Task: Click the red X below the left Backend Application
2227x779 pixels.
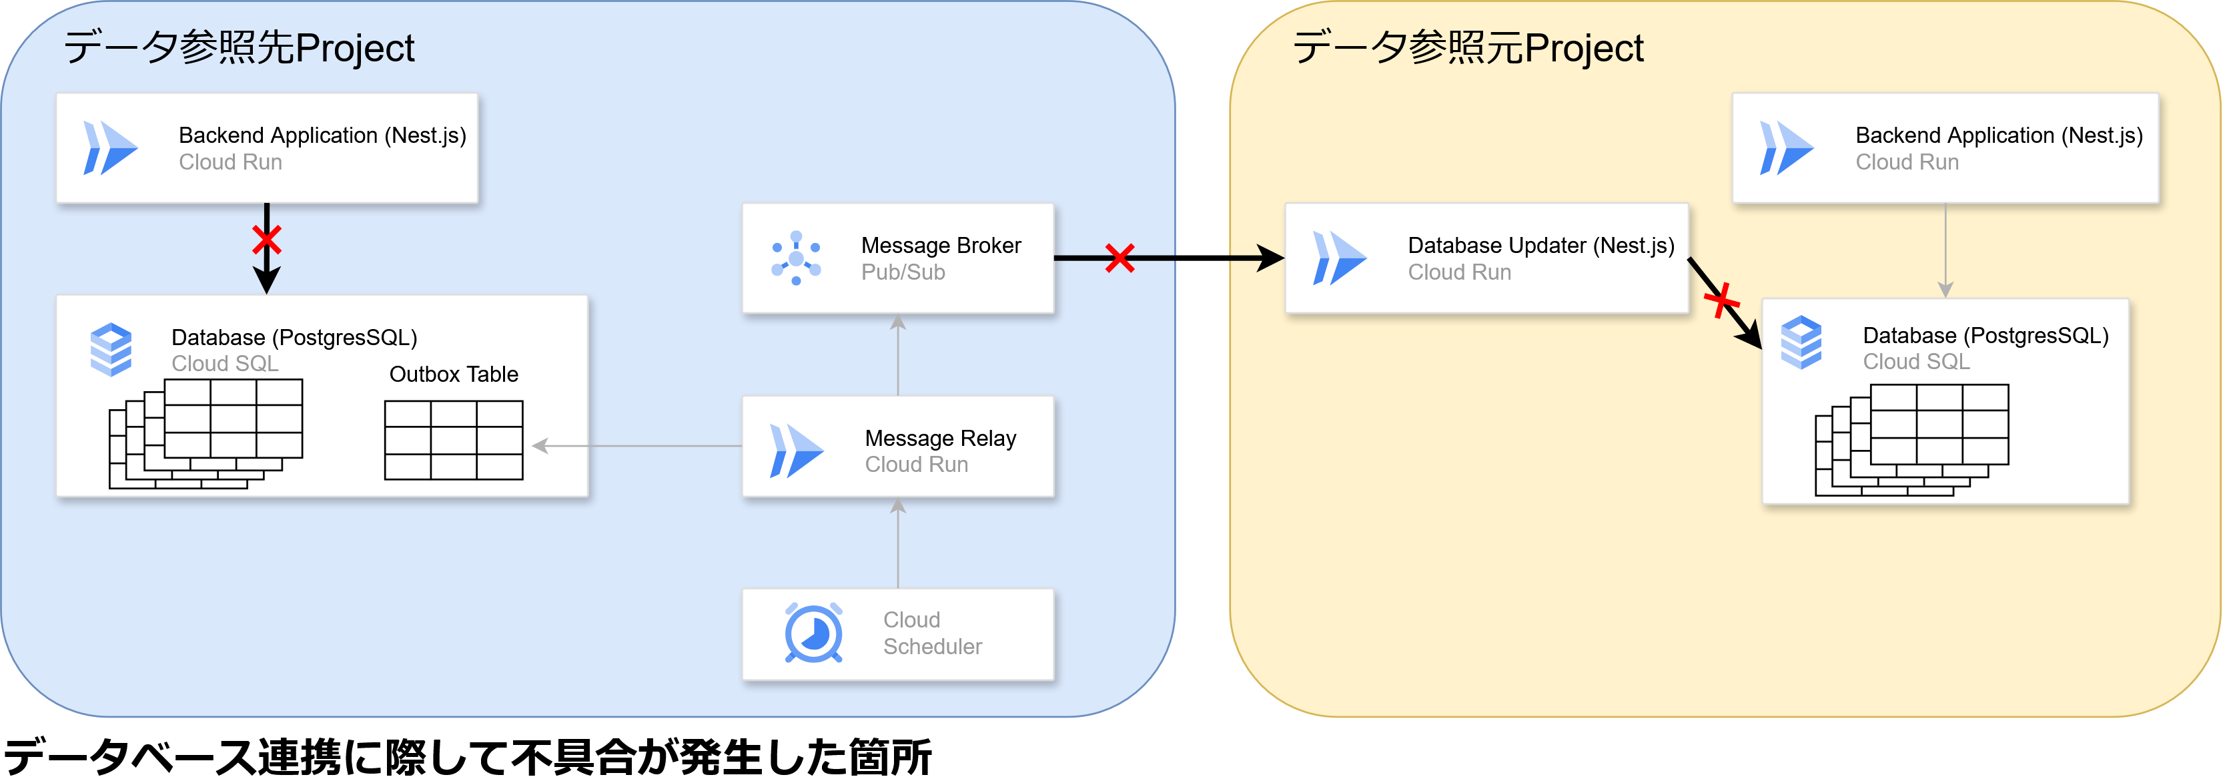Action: [266, 240]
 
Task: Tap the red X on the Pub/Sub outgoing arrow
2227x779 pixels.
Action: [1120, 258]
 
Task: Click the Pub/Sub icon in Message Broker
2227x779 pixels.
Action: [795, 258]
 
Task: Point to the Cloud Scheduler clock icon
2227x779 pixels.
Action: [813, 633]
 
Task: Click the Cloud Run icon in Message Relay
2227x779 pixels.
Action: [795, 451]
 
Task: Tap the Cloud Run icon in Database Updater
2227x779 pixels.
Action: [1338, 258]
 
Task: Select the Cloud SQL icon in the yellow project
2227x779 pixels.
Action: [1801, 342]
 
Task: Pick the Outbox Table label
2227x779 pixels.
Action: [453, 374]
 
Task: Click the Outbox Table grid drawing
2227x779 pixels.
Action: [453, 439]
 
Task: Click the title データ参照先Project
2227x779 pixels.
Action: [239, 47]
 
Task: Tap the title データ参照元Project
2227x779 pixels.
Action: [1467, 47]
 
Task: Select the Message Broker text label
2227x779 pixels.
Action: [941, 246]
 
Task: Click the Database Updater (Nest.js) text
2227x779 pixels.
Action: [1540, 246]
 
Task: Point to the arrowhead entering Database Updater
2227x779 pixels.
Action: [1271, 258]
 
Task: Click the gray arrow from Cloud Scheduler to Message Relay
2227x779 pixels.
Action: [898, 545]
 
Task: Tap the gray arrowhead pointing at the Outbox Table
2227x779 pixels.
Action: [540, 446]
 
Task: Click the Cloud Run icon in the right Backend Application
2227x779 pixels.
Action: [1786, 148]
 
